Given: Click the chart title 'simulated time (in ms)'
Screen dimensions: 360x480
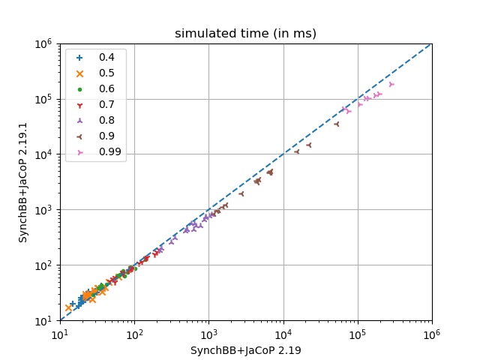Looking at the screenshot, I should pyautogui.click(x=245, y=34).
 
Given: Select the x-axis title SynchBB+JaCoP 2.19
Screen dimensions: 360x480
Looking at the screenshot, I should pyautogui.click(x=245, y=350).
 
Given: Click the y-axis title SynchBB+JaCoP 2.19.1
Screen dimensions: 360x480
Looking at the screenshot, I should pyautogui.click(x=23, y=182).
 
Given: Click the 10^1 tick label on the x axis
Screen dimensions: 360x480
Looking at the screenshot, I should pyautogui.click(x=60, y=332).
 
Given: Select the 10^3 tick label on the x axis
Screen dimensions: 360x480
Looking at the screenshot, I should pyautogui.click(x=208, y=332).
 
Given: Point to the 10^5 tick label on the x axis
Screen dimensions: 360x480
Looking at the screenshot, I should pyautogui.click(x=358, y=332).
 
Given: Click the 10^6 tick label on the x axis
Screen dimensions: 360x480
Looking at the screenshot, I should pyautogui.click(x=432, y=332).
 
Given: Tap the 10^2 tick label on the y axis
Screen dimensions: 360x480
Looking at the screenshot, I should pyautogui.click(x=43, y=265).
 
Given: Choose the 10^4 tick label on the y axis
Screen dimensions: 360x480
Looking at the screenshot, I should pyautogui.click(x=43, y=154).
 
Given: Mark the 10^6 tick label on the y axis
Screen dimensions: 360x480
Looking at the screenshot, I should pyautogui.click(x=43, y=43).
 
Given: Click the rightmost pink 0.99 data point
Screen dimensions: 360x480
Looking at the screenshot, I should pyautogui.click(x=391, y=85).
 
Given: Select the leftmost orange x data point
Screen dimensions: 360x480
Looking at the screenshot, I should pyautogui.click(x=68, y=307).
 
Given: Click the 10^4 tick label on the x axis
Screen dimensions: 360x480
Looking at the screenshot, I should pyautogui.click(x=283, y=332).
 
